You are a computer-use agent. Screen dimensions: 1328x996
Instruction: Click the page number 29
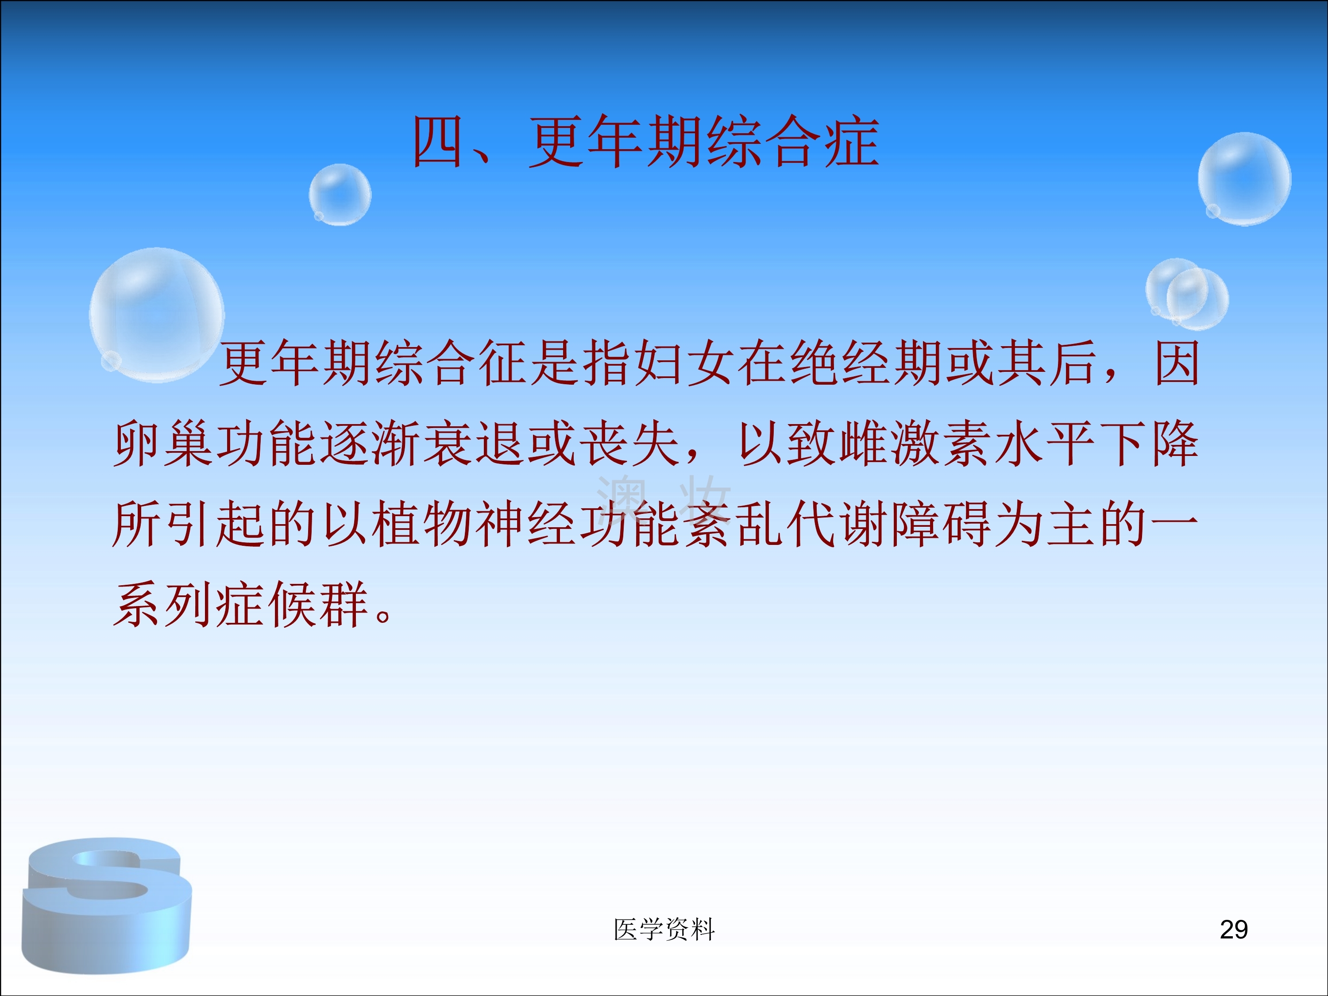[x=1234, y=929]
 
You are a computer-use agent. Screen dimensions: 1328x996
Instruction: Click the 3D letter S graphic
[x=107, y=905]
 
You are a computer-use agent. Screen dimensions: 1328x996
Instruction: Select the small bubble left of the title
[x=340, y=194]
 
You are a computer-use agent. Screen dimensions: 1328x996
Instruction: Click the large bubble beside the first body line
[x=157, y=315]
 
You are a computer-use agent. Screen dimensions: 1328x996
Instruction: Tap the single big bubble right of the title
[x=1244, y=179]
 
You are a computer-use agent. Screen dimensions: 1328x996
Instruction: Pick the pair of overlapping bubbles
[x=1186, y=294]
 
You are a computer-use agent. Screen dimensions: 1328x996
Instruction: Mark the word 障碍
[x=941, y=524]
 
